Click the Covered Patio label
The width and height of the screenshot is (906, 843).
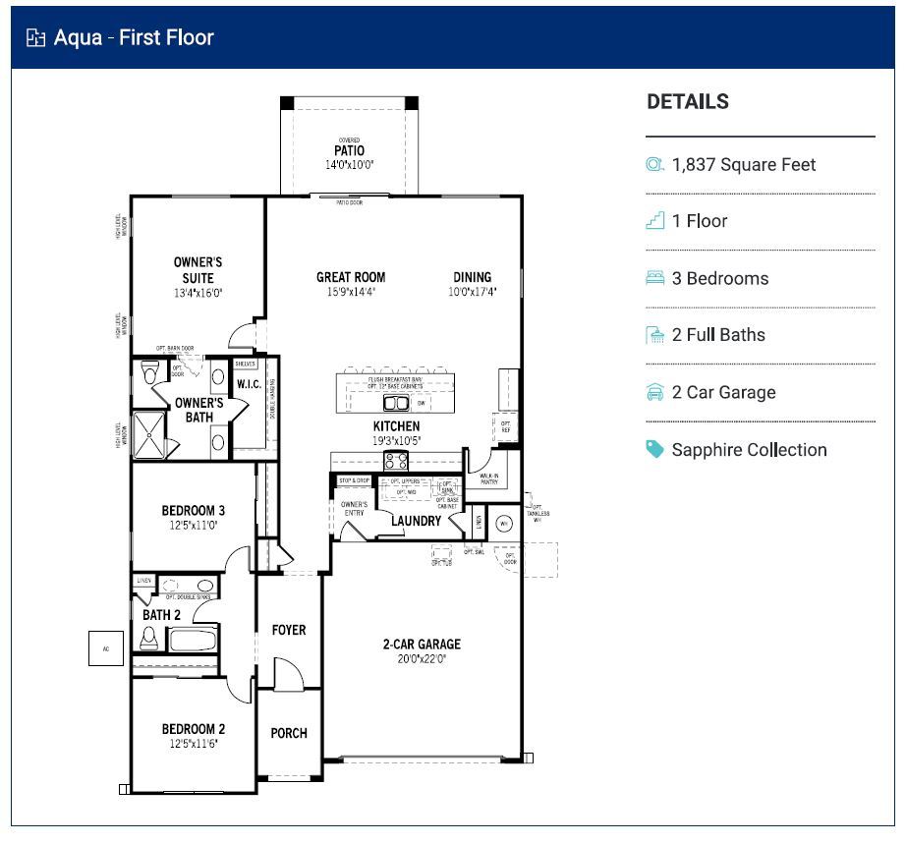[x=349, y=151]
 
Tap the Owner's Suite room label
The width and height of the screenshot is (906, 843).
[x=198, y=270]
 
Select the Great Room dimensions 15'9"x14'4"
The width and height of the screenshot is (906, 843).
[x=350, y=292]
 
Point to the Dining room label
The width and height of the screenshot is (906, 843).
[x=472, y=277]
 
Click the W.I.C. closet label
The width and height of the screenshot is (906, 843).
[x=249, y=383]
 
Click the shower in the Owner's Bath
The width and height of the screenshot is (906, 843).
[x=152, y=430]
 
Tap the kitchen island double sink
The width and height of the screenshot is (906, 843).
[x=395, y=403]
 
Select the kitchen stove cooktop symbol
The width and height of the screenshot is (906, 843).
[x=396, y=461]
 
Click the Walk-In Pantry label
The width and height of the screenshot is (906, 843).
[x=488, y=478]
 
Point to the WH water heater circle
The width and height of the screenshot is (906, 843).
[x=506, y=523]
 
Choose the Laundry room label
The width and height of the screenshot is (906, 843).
[x=416, y=521]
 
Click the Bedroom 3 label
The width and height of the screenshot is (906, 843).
[x=194, y=511]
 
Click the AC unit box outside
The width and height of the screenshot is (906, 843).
[x=106, y=647]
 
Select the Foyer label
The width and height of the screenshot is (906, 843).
[x=289, y=630]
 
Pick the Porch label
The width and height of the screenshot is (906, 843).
[x=289, y=733]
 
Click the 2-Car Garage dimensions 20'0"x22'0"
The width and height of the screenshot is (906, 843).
[x=421, y=659]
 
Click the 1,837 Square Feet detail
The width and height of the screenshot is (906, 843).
[x=743, y=165]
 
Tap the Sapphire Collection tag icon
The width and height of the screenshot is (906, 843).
[x=654, y=449]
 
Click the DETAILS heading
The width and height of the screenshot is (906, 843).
[x=688, y=102]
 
